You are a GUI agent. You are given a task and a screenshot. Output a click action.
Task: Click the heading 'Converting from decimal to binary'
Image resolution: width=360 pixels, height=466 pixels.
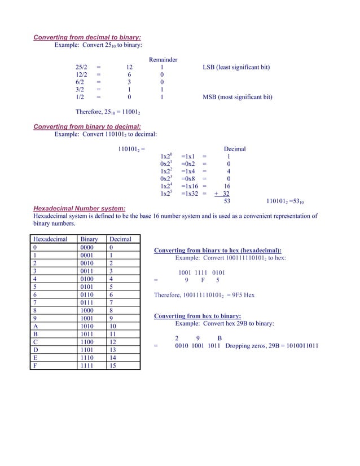click(87, 38)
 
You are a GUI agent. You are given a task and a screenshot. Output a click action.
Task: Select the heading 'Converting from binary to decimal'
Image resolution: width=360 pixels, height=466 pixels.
click(87, 127)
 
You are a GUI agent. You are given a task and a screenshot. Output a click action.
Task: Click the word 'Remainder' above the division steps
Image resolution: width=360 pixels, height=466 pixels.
click(163, 60)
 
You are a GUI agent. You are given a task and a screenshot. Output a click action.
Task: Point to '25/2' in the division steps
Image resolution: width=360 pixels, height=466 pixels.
click(81, 68)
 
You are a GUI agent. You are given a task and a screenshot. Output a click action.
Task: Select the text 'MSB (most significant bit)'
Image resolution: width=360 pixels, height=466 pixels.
click(237, 97)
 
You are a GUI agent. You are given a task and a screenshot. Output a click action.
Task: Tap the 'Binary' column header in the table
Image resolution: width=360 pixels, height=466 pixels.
click(89, 239)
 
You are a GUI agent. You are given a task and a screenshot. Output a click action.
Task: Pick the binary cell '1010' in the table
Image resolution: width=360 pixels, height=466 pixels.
click(88, 326)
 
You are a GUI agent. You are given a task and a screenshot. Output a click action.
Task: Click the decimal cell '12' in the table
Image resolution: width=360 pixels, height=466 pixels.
click(113, 342)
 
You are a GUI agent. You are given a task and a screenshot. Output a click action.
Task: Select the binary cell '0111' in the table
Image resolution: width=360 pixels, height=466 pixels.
click(88, 302)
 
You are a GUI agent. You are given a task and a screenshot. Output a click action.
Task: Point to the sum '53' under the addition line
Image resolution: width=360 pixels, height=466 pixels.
click(227, 201)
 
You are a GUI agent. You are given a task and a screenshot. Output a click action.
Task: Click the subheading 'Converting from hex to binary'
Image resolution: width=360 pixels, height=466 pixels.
click(197, 316)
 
